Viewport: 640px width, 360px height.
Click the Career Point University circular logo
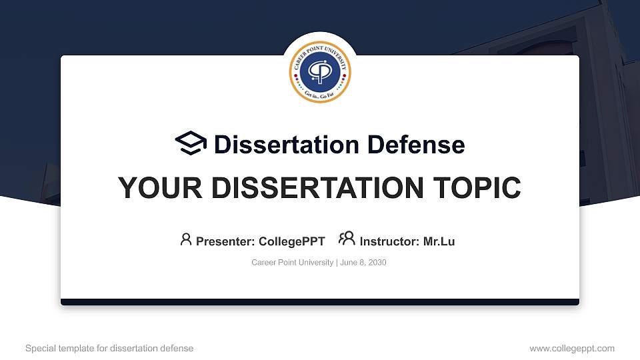coord(320,73)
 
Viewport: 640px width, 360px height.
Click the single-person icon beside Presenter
coord(186,239)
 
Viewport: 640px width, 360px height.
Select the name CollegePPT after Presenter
coord(291,241)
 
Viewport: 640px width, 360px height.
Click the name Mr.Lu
coord(439,241)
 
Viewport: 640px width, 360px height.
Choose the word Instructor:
coord(389,241)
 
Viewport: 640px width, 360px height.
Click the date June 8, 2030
coord(363,263)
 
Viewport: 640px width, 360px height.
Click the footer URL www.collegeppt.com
coord(572,348)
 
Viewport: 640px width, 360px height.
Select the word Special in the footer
coord(40,348)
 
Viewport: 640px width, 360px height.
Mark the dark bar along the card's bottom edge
coord(320,302)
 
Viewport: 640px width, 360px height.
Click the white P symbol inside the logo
coord(320,74)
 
